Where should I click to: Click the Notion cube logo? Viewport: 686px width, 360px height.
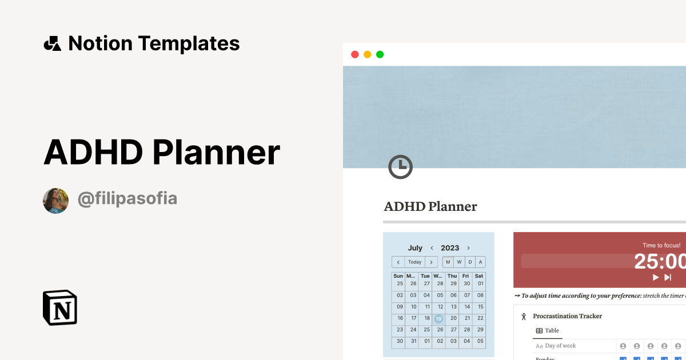click(x=60, y=307)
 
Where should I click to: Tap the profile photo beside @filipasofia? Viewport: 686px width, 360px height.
click(x=55, y=201)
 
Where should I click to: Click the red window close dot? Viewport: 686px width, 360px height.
click(x=354, y=55)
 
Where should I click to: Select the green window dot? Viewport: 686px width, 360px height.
click(x=380, y=55)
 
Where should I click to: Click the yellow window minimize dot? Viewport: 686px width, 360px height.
click(x=367, y=55)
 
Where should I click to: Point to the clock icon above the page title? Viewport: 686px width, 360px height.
click(x=400, y=167)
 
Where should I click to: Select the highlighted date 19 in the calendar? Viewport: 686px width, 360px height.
click(x=438, y=319)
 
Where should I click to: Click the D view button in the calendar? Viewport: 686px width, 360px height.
click(x=470, y=262)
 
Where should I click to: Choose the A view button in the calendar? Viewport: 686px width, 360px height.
click(x=480, y=262)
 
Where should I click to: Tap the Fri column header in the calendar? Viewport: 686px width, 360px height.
click(x=466, y=276)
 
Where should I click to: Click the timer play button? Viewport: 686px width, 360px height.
click(x=656, y=277)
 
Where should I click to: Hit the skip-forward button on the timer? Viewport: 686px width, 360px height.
click(x=667, y=277)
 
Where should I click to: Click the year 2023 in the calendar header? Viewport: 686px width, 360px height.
click(x=450, y=248)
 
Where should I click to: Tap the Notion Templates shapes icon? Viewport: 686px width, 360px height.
click(x=52, y=43)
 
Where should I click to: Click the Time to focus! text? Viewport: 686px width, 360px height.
click(x=661, y=245)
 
